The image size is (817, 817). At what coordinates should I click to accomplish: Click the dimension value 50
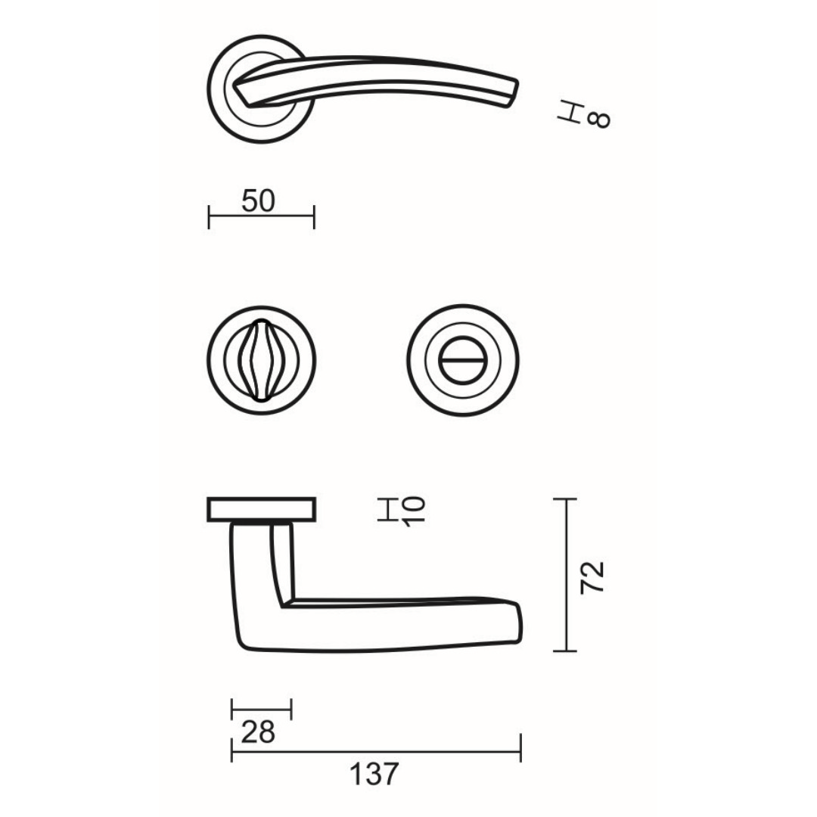(x=258, y=201)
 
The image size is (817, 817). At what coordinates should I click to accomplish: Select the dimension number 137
(x=374, y=774)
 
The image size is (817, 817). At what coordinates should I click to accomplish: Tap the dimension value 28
(x=258, y=732)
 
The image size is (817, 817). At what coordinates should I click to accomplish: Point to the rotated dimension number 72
(x=592, y=576)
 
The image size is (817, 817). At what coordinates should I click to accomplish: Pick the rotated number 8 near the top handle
(x=598, y=120)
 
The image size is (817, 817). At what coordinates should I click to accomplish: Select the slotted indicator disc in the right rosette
(x=463, y=360)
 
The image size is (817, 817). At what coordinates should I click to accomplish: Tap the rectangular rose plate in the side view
(x=262, y=509)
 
